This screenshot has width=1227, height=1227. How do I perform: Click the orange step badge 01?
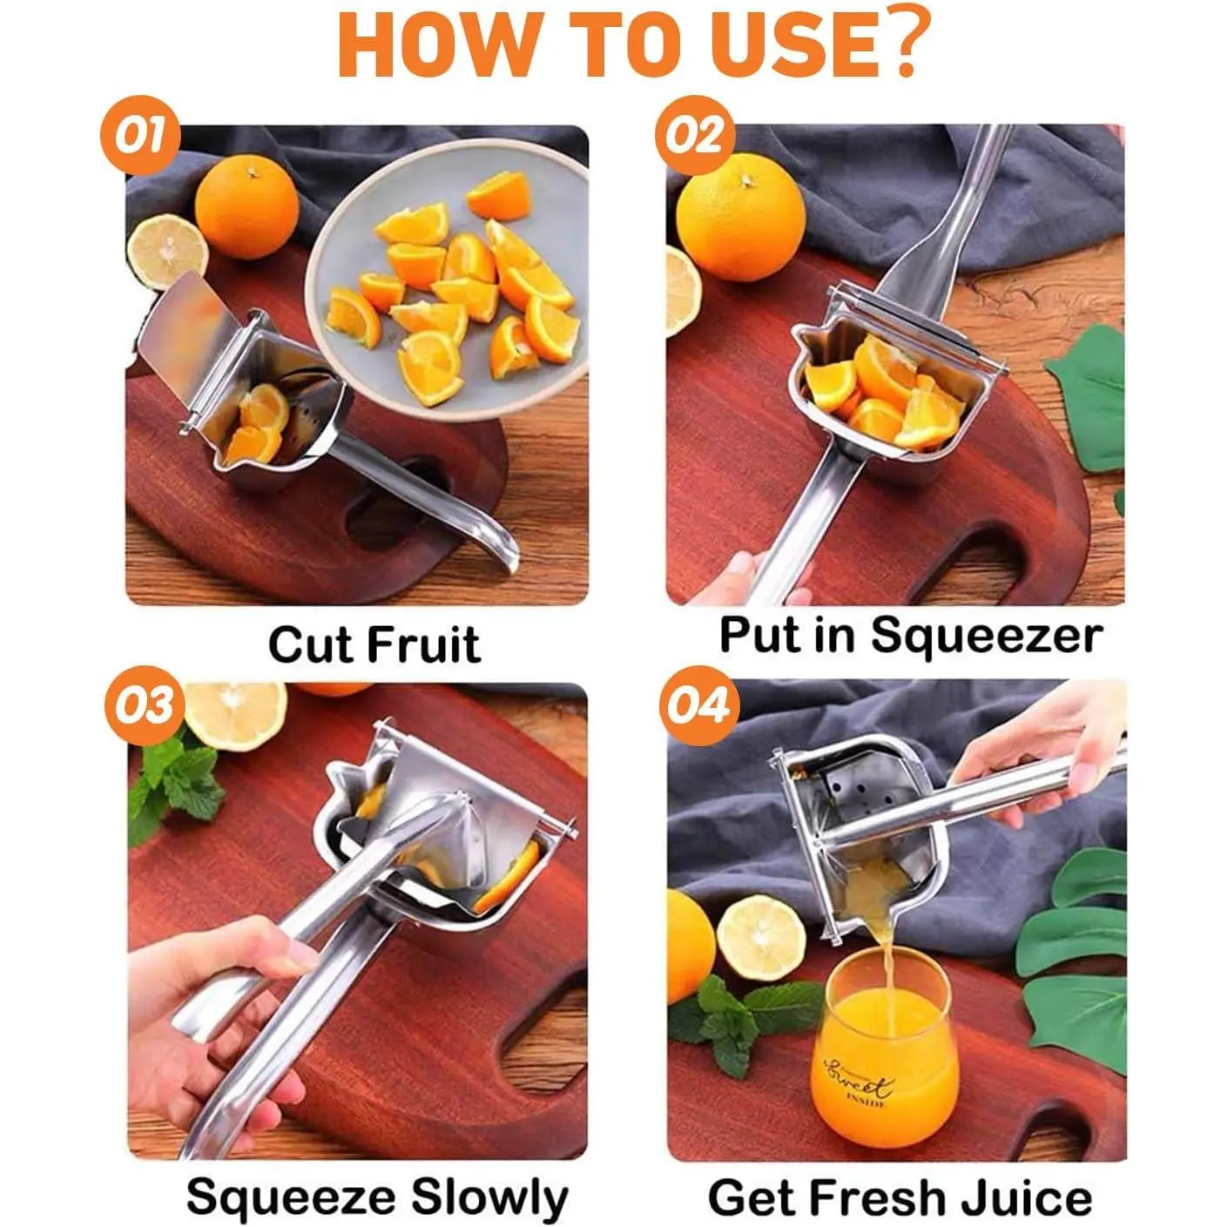pos(140,135)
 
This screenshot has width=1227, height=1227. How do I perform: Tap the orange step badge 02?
pos(695,135)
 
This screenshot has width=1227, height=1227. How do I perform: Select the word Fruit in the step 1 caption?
pos(423,645)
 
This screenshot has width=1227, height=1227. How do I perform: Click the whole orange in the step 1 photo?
pos(246,207)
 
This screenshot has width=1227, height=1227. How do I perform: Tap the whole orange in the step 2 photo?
pos(740,217)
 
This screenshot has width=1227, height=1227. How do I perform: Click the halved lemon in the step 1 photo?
pos(167,252)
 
